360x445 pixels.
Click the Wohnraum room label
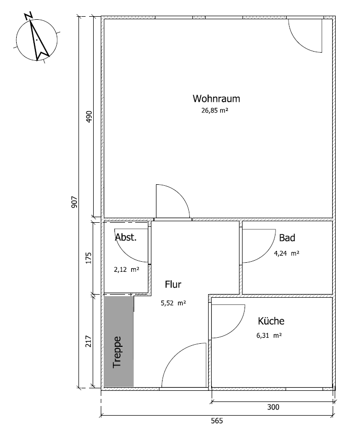pyautogui.click(x=216, y=99)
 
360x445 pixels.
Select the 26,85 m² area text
pyautogui.click(x=215, y=110)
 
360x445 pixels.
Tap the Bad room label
pyautogui.click(x=287, y=238)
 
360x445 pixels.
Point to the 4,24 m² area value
pyautogui.click(x=287, y=253)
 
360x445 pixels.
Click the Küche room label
pyautogui.click(x=271, y=321)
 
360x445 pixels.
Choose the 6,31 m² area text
pyautogui.click(x=269, y=336)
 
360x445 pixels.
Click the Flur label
pyautogui.click(x=173, y=285)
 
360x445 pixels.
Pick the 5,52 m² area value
pyautogui.click(x=174, y=303)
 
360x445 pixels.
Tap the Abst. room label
pyautogui.click(x=126, y=237)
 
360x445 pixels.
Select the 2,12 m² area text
pyautogui.click(x=127, y=270)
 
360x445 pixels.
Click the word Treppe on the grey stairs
pyautogui.click(x=117, y=352)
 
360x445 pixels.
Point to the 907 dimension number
pyautogui.click(x=74, y=203)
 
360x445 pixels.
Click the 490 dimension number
pyautogui.click(x=89, y=116)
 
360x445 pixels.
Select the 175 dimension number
pyautogui.click(x=89, y=258)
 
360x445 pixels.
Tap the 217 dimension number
pyautogui.click(x=89, y=341)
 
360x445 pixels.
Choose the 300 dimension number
pyautogui.click(x=273, y=407)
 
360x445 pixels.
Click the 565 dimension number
pyautogui.click(x=217, y=421)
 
